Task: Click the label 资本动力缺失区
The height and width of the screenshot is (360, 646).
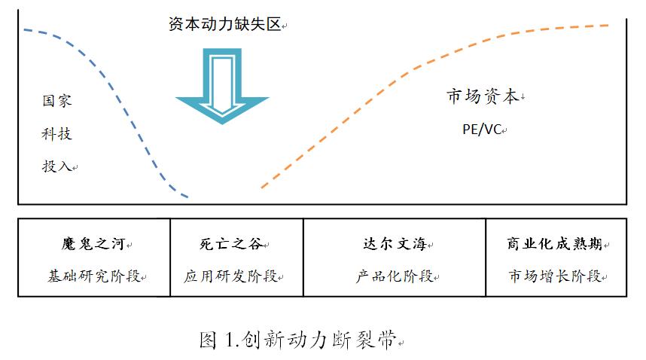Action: pyautogui.click(x=224, y=24)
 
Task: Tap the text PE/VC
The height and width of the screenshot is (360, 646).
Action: pyautogui.click(x=482, y=129)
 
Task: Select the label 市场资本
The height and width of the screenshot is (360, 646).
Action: pyautogui.click(x=482, y=96)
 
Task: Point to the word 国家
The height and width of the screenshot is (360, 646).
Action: pyautogui.click(x=57, y=100)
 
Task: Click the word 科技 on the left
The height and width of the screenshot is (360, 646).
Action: pyautogui.click(x=57, y=133)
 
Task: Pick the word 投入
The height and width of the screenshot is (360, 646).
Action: pyautogui.click(x=57, y=166)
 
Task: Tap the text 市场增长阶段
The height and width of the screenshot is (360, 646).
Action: pyautogui.click(x=554, y=276)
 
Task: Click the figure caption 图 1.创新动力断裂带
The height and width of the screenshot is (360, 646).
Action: pyautogui.click(x=297, y=340)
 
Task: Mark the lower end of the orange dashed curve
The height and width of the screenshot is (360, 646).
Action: pyautogui.click(x=262, y=187)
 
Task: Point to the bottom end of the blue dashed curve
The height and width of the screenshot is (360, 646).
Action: pyautogui.click(x=188, y=198)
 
